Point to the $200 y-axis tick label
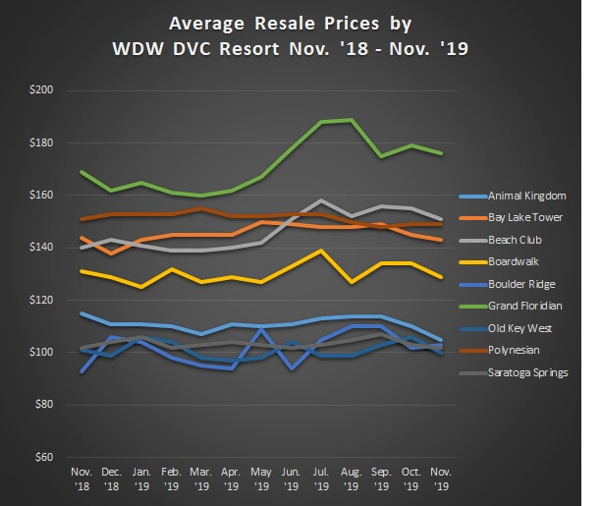41,90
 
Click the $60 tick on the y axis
44,457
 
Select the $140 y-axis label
41,248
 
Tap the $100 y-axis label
41,352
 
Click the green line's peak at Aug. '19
351,120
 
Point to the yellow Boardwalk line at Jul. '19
320,251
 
